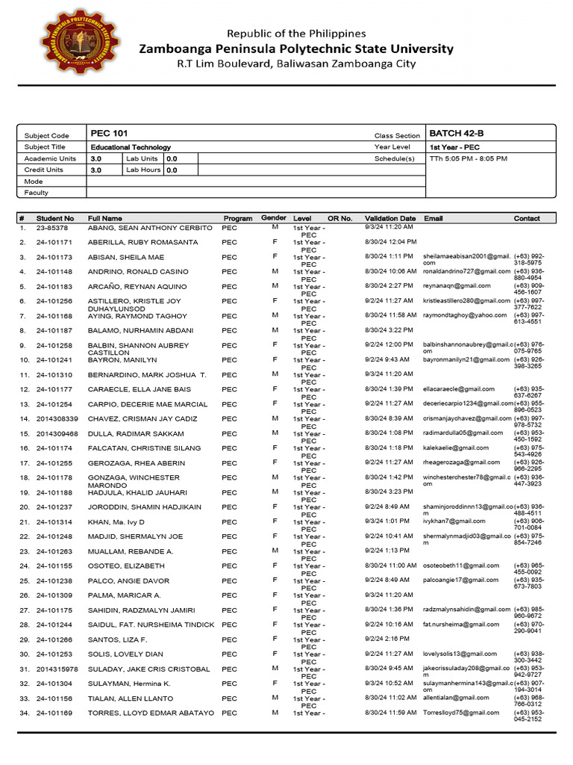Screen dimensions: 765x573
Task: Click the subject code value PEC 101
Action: [109, 134]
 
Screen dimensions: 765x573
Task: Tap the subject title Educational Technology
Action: [131, 147]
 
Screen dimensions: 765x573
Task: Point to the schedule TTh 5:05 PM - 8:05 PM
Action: [468, 159]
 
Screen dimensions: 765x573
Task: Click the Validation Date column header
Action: [390, 218]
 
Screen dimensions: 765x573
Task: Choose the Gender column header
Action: [274, 218]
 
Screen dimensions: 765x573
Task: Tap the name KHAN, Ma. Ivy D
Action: [116, 521]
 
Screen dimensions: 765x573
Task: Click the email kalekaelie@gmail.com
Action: [456, 447]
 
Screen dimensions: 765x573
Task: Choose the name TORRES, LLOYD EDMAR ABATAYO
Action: [151, 713]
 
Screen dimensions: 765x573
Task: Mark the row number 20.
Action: [24, 507]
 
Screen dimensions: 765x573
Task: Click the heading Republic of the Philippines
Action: [296, 34]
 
